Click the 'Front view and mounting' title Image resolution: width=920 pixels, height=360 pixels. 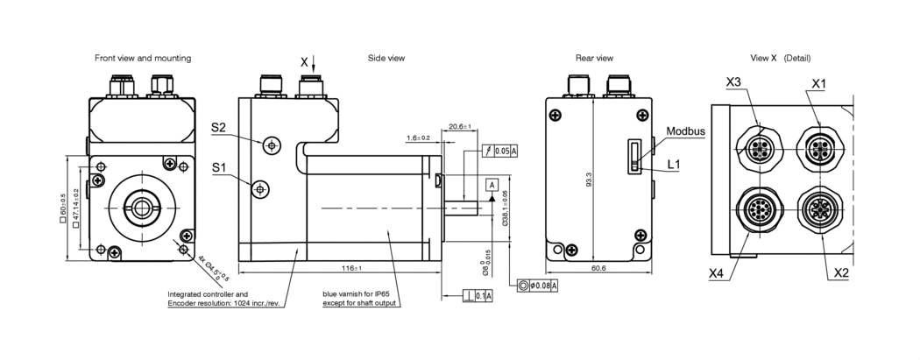[x=143, y=58]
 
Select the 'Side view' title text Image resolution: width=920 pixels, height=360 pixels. [x=386, y=58]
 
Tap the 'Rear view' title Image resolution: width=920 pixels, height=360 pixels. [x=594, y=58]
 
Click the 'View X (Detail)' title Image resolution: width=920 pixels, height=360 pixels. [x=781, y=58]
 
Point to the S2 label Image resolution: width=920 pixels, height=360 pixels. [x=220, y=128]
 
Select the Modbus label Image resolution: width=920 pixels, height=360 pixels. [x=686, y=131]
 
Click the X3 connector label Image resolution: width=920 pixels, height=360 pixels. [x=734, y=82]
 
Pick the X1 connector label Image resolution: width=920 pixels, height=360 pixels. [x=819, y=82]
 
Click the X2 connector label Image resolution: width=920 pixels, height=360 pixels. [x=842, y=273]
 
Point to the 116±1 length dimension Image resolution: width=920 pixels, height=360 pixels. [x=350, y=267]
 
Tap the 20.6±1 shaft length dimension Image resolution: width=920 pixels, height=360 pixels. [x=459, y=126]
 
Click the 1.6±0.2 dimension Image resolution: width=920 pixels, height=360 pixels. [x=418, y=138]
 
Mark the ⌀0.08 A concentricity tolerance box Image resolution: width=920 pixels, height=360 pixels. [x=538, y=286]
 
